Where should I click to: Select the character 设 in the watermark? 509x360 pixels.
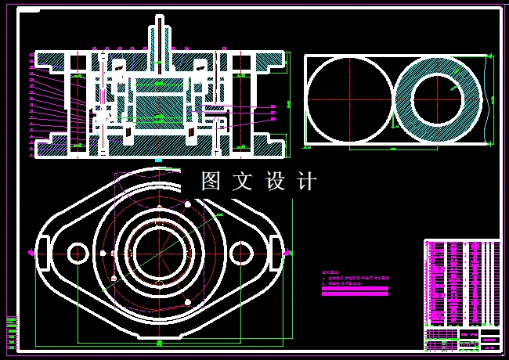[276, 182]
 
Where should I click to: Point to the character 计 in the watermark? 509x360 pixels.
[307, 182]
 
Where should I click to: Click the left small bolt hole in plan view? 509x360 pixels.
[78, 253]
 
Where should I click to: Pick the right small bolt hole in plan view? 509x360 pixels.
[242, 253]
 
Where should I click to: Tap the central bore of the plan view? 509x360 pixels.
[159, 252]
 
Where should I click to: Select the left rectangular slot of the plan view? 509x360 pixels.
[38, 252]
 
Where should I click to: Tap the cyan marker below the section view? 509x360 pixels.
[159, 160]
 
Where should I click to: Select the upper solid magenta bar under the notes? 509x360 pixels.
[355, 286]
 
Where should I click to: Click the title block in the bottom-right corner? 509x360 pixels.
[462, 338]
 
